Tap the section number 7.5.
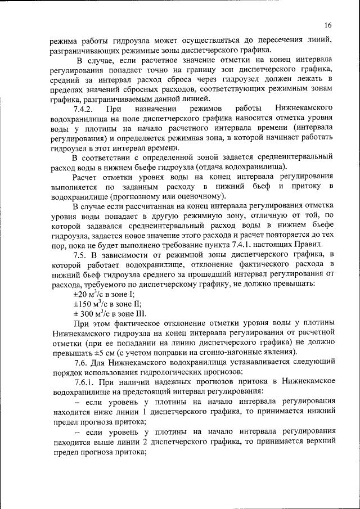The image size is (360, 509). (x=81, y=255)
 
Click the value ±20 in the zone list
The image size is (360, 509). (x=80, y=294)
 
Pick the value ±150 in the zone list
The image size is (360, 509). (x=82, y=304)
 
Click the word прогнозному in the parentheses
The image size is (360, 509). (x=134, y=196)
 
